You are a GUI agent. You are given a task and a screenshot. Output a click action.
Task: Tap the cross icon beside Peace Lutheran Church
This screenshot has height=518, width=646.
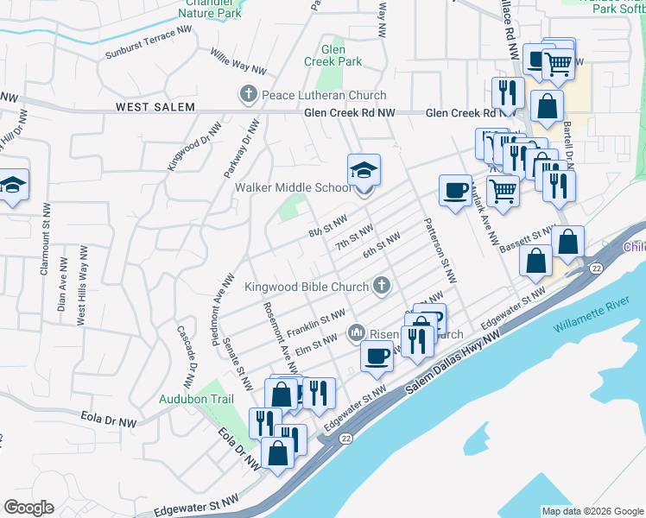[248, 94]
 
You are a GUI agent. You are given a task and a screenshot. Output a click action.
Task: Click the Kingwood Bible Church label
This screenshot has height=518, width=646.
[306, 287]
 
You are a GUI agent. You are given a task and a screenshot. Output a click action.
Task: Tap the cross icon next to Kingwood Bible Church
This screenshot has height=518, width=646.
[381, 286]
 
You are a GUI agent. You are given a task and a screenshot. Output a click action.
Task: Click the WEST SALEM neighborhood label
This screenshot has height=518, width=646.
[152, 108]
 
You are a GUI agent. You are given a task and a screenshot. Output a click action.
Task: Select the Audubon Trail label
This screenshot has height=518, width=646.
[197, 399]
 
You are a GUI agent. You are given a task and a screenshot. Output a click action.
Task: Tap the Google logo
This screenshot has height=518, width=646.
[28, 508]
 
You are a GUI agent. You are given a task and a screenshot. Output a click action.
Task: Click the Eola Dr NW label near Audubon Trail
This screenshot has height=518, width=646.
[238, 449]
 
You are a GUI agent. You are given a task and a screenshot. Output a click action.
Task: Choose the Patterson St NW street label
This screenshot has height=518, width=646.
[439, 250]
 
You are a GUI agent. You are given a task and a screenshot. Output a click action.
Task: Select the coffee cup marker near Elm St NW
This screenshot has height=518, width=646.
[377, 356]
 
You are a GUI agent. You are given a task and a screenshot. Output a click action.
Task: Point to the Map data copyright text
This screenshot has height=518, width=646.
[592, 511]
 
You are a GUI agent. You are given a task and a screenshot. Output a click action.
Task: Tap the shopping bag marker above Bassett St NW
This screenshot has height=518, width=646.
[569, 243]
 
